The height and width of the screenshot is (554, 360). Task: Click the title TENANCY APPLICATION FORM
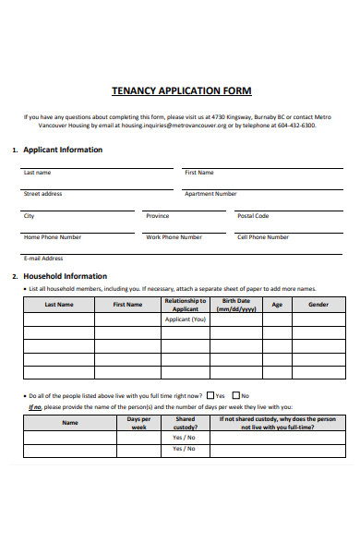(181, 91)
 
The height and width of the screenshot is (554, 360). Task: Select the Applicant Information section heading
(62, 150)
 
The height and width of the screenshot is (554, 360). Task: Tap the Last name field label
(37, 173)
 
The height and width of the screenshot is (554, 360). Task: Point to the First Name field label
(198, 173)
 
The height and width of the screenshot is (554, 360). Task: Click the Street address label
(42, 194)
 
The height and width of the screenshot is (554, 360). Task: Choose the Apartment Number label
(210, 194)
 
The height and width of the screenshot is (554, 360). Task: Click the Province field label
(157, 216)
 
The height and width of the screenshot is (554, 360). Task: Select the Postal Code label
(253, 216)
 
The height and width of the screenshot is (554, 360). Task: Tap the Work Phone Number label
(174, 237)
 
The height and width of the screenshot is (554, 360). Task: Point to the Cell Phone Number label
(263, 237)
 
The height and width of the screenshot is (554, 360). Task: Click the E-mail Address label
(43, 259)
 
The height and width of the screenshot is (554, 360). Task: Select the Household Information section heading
(65, 276)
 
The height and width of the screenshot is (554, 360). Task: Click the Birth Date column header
(236, 305)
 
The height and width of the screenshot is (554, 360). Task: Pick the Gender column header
(318, 305)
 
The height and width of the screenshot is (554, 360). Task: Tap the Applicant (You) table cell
(186, 319)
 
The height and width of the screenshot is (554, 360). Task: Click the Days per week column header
(139, 423)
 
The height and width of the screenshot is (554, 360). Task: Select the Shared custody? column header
(185, 423)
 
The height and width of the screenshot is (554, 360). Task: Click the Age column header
(276, 305)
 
